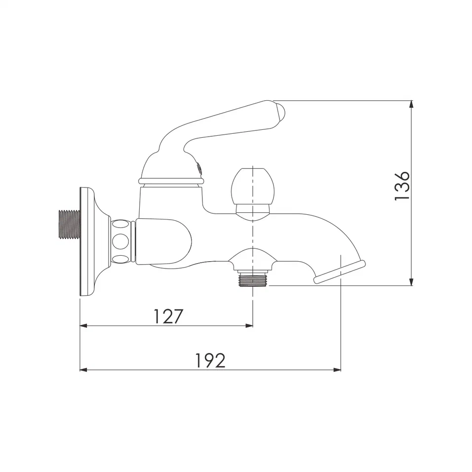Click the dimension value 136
click(x=402, y=186)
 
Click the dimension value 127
click(x=168, y=316)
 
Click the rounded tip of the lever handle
click(x=279, y=112)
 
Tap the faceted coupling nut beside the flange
click(x=122, y=241)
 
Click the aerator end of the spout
click(x=341, y=272)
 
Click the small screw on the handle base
click(x=199, y=168)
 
